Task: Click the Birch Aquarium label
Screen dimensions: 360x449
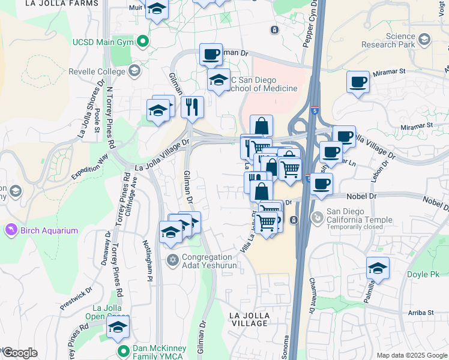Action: click(x=50, y=230)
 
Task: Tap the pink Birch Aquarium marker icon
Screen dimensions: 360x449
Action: click(x=11, y=230)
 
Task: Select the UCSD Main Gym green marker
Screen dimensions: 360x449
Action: click(x=143, y=42)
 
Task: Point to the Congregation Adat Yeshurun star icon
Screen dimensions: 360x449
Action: click(x=173, y=259)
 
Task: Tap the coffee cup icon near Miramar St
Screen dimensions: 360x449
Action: click(x=358, y=82)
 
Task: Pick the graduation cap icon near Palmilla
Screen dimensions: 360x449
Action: click(x=378, y=268)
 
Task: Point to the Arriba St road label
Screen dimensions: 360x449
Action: click(x=419, y=313)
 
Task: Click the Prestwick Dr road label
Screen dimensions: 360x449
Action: click(x=76, y=298)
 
